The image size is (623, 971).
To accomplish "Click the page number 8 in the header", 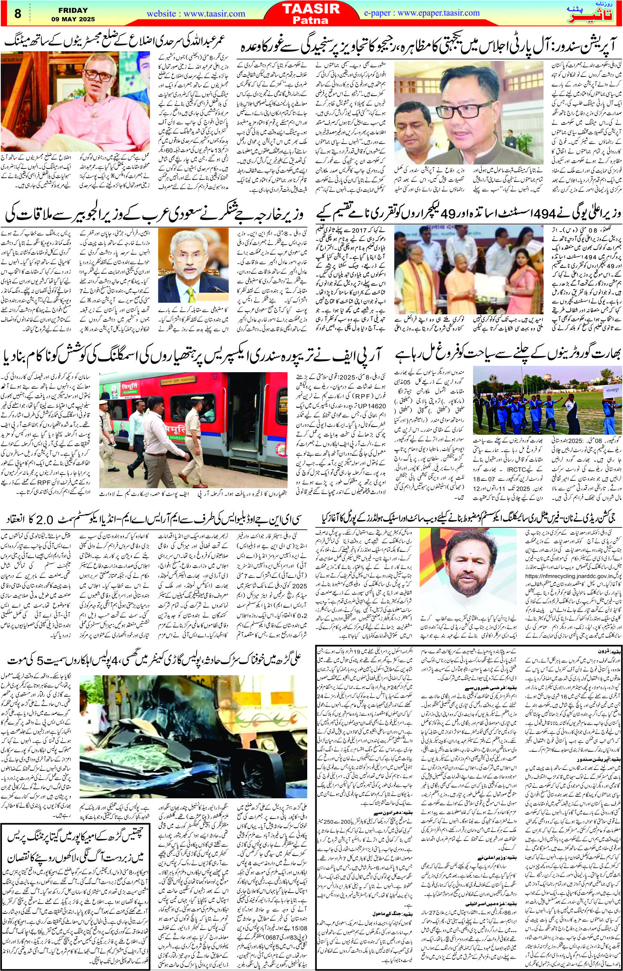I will (x=17, y=13).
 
